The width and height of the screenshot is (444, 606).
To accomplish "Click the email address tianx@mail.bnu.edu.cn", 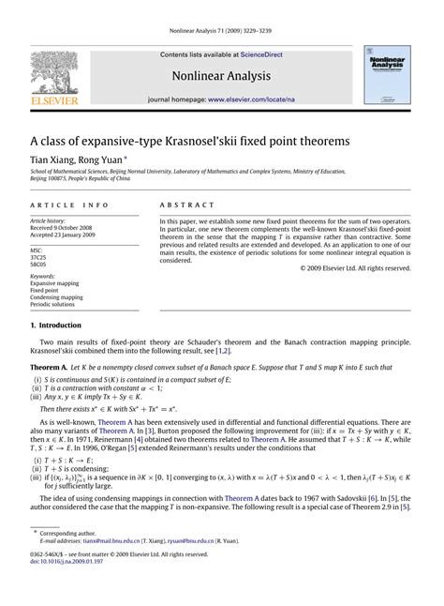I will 106,568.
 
